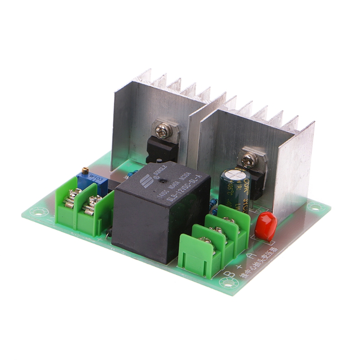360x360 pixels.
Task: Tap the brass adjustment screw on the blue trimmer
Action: pyautogui.click(x=85, y=170)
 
